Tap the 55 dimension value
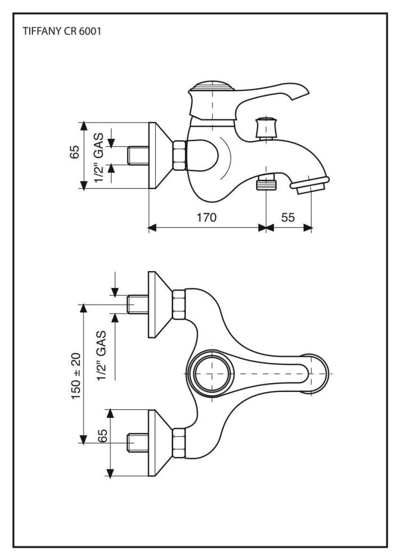point(288,217)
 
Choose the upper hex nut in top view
point(179,303)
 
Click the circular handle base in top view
point(211,373)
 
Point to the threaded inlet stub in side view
point(138,155)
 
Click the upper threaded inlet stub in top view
point(138,304)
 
